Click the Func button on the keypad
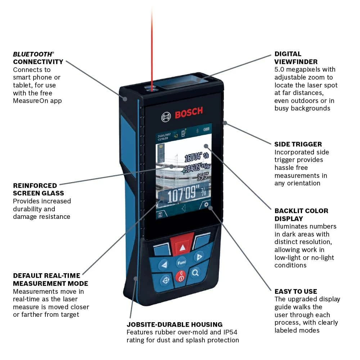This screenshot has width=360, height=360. (x=181, y=263)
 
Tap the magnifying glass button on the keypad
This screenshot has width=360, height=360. (x=195, y=273)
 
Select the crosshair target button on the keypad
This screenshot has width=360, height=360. (x=166, y=279)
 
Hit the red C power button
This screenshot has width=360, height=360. (x=181, y=276)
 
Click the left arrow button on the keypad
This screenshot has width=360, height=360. (x=165, y=265)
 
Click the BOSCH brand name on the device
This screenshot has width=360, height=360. (x=189, y=113)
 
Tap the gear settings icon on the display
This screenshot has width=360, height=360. (x=206, y=205)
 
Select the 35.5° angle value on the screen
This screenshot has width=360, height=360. (x=203, y=176)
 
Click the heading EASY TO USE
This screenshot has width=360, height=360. (x=296, y=291)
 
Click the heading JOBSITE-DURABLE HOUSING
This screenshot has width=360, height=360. (x=174, y=324)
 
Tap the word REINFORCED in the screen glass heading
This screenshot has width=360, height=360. (x=35, y=186)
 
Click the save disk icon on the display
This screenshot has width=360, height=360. (x=159, y=215)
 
